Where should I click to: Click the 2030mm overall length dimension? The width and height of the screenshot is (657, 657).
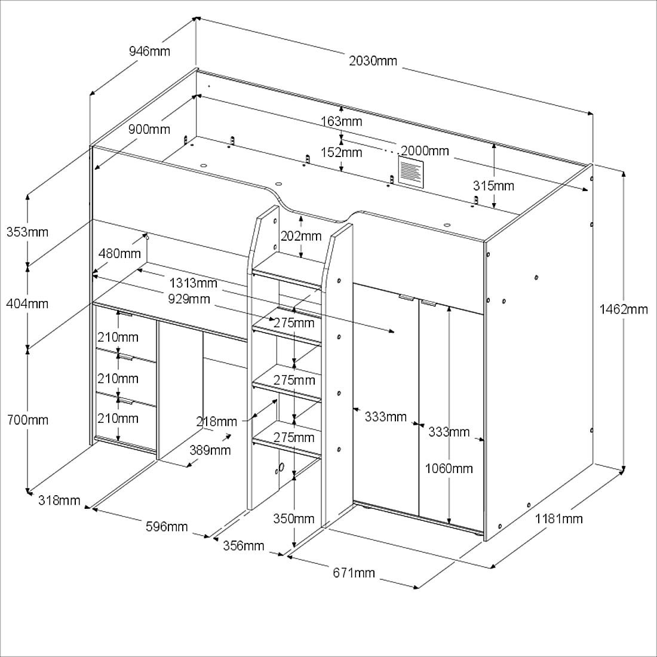point(373,60)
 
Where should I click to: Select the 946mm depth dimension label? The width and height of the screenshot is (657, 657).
point(149,51)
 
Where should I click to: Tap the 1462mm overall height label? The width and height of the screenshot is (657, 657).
point(624,309)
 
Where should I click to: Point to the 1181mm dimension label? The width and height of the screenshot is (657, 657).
point(558,518)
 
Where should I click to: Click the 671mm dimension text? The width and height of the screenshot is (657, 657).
point(354,573)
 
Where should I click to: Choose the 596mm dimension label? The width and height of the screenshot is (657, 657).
point(167,526)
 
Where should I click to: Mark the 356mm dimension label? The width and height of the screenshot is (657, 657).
point(244,545)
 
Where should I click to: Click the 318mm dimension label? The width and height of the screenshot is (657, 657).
point(59,501)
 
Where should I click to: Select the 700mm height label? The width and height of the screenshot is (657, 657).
point(27,420)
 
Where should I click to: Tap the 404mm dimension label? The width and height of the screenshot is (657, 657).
point(27,303)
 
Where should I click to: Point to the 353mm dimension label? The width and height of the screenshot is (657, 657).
point(27,231)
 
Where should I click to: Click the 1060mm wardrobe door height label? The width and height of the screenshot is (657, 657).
point(449,468)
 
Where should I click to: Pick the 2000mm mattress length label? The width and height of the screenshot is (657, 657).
point(425,151)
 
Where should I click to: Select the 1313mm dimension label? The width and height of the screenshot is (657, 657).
point(193,283)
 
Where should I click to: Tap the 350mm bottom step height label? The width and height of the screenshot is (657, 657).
point(294,518)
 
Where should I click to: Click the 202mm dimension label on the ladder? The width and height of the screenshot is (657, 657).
point(301,236)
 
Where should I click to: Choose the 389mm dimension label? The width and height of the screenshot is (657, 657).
point(210,450)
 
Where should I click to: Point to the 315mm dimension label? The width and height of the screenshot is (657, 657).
point(493,186)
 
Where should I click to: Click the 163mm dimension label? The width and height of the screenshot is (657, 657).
point(341,122)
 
